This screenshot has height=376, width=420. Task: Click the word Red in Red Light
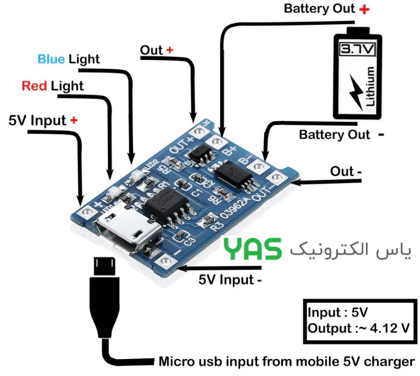35,86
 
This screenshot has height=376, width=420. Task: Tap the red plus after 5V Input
74,120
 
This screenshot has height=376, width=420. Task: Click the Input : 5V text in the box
337,313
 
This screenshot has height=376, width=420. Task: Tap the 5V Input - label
230,280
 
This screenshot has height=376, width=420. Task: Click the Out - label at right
345,171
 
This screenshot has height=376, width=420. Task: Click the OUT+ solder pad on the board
196,130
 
